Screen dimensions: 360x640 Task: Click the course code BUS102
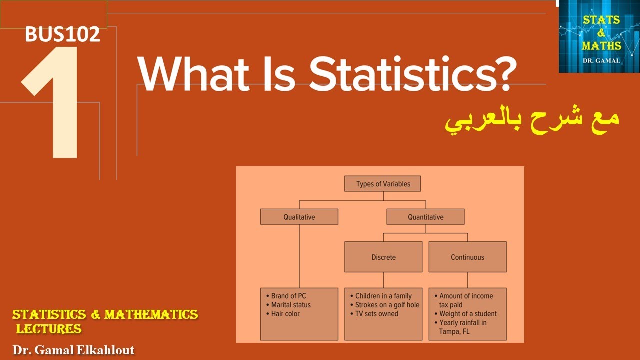point(62,34)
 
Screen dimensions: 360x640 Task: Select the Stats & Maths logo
point(599,36)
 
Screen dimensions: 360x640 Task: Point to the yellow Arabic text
point(532,121)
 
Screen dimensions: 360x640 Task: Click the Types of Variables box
point(383,184)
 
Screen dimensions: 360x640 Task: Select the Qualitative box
point(299,217)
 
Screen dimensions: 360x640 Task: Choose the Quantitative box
point(425,217)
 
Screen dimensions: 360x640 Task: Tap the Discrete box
point(383,257)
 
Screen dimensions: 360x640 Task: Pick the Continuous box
point(467,257)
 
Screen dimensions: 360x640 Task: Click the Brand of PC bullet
point(288,296)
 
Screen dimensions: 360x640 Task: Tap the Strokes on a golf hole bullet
point(387,305)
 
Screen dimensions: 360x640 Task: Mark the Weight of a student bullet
point(468,314)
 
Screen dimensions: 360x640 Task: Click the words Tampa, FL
point(454,331)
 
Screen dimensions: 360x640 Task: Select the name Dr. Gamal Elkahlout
point(73,350)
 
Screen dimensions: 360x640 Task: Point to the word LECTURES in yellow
point(49,329)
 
